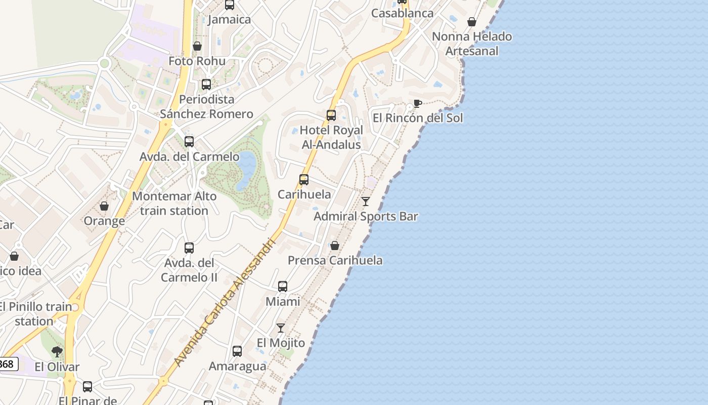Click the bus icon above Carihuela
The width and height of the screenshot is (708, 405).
tap(304, 180)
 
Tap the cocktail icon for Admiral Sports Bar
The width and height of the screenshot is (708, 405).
tap(366, 201)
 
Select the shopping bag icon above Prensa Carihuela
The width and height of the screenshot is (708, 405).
tap(334, 246)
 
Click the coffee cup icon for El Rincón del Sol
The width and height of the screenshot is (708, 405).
tap(417, 104)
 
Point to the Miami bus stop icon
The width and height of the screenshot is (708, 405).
tap(283, 287)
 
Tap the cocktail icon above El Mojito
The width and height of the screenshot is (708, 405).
tap(281, 328)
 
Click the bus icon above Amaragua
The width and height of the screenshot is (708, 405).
tap(237, 351)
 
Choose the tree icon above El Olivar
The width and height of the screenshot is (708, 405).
tap(57, 351)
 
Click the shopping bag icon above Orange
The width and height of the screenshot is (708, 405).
tap(104, 206)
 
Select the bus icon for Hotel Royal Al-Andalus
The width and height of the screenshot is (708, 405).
tap(331, 115)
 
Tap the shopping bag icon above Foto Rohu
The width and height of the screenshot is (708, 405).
tap(197, 46)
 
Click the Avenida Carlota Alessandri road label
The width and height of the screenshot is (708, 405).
tap(225, 302)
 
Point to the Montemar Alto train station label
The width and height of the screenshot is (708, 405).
tap(174, 204)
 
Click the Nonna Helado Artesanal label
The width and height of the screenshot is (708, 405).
tap(472, 44)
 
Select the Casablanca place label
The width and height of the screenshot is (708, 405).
tap(402, 13)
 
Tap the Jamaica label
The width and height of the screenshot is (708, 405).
tap(229, 20)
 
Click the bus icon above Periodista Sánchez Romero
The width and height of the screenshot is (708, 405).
tap(206, 85)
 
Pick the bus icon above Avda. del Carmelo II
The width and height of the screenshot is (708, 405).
tap(189, 248)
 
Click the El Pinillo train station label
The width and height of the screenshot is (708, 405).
tap(35, 314)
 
